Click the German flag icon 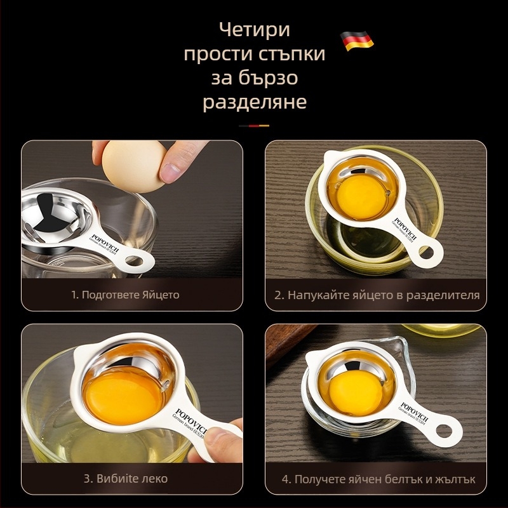357,41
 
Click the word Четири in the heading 254,30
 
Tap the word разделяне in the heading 254,102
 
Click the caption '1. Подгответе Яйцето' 125,295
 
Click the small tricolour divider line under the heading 254,126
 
